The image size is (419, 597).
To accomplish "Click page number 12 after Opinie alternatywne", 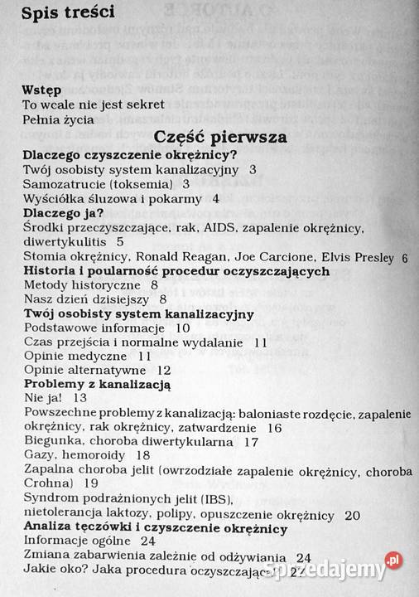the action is point(164,370).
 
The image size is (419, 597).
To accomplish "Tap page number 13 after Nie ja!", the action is point(80,398).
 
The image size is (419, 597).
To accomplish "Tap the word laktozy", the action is point(149,514).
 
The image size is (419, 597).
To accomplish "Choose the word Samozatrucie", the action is point(69,183).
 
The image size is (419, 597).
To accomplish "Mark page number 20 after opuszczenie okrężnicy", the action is point(352,514).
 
